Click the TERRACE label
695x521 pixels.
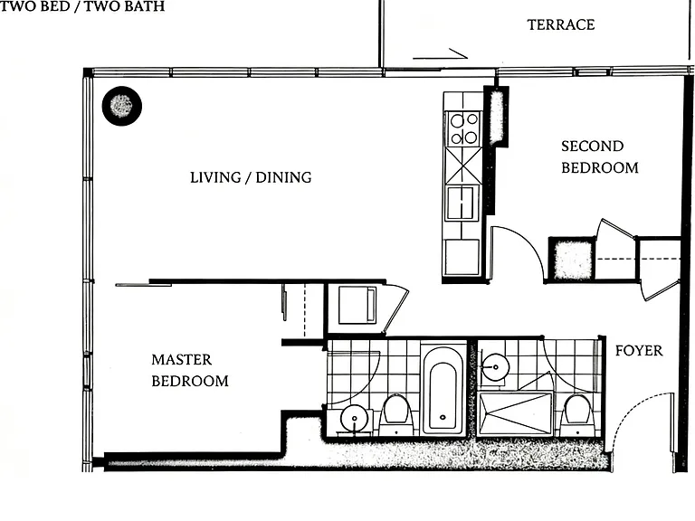pos(561,24)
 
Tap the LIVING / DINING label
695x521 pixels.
pos(251,177)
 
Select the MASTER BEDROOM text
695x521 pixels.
pos(190,370)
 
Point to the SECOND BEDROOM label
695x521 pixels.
pos(600,157)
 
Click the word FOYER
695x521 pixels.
pos(639,351)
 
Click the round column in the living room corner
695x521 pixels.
pos(122,106)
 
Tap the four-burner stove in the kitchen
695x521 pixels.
pos(463,128)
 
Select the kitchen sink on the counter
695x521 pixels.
pos(462,203)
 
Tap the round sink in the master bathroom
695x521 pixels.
pos(354,418)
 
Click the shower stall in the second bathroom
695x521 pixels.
pos(516,412)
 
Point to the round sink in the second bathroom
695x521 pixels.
pos(495,366)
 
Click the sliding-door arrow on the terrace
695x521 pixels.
pos(440,54)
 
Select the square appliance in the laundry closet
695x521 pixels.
pos(357,305)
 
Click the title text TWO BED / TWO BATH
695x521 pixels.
pos(82,6)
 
